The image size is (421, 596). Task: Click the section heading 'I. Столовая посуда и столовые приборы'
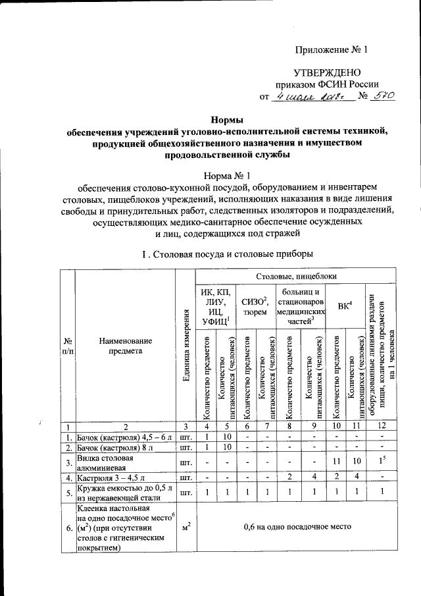click(227, 254)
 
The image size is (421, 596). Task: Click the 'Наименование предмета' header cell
click(125, 346)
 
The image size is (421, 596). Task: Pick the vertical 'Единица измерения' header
click(186, 346)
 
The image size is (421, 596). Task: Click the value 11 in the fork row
click(336, 462)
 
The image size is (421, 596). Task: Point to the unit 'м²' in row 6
click(186, 527)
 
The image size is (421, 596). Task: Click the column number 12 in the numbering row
click(381, 426)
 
